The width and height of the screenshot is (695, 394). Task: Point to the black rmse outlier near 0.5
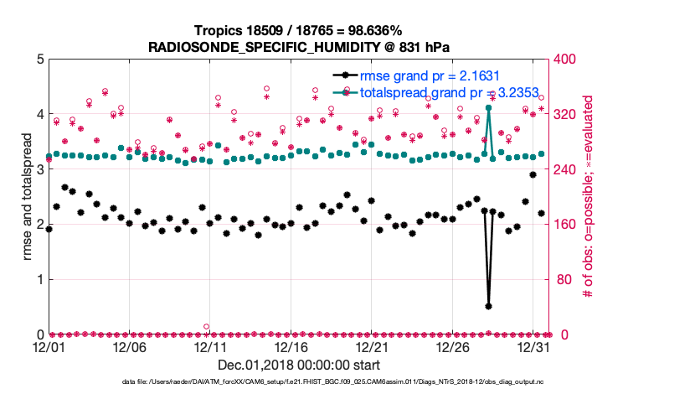488,306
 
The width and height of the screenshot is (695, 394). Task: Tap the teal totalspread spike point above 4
488,108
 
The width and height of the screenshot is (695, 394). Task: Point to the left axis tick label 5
38,60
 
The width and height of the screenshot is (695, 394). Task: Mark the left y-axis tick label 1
38,279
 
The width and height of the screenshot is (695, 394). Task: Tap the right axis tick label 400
564,60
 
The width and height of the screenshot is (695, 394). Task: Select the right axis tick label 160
564,225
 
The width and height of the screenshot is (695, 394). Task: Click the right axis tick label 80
561,279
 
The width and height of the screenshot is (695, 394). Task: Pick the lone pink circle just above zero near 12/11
206,326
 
